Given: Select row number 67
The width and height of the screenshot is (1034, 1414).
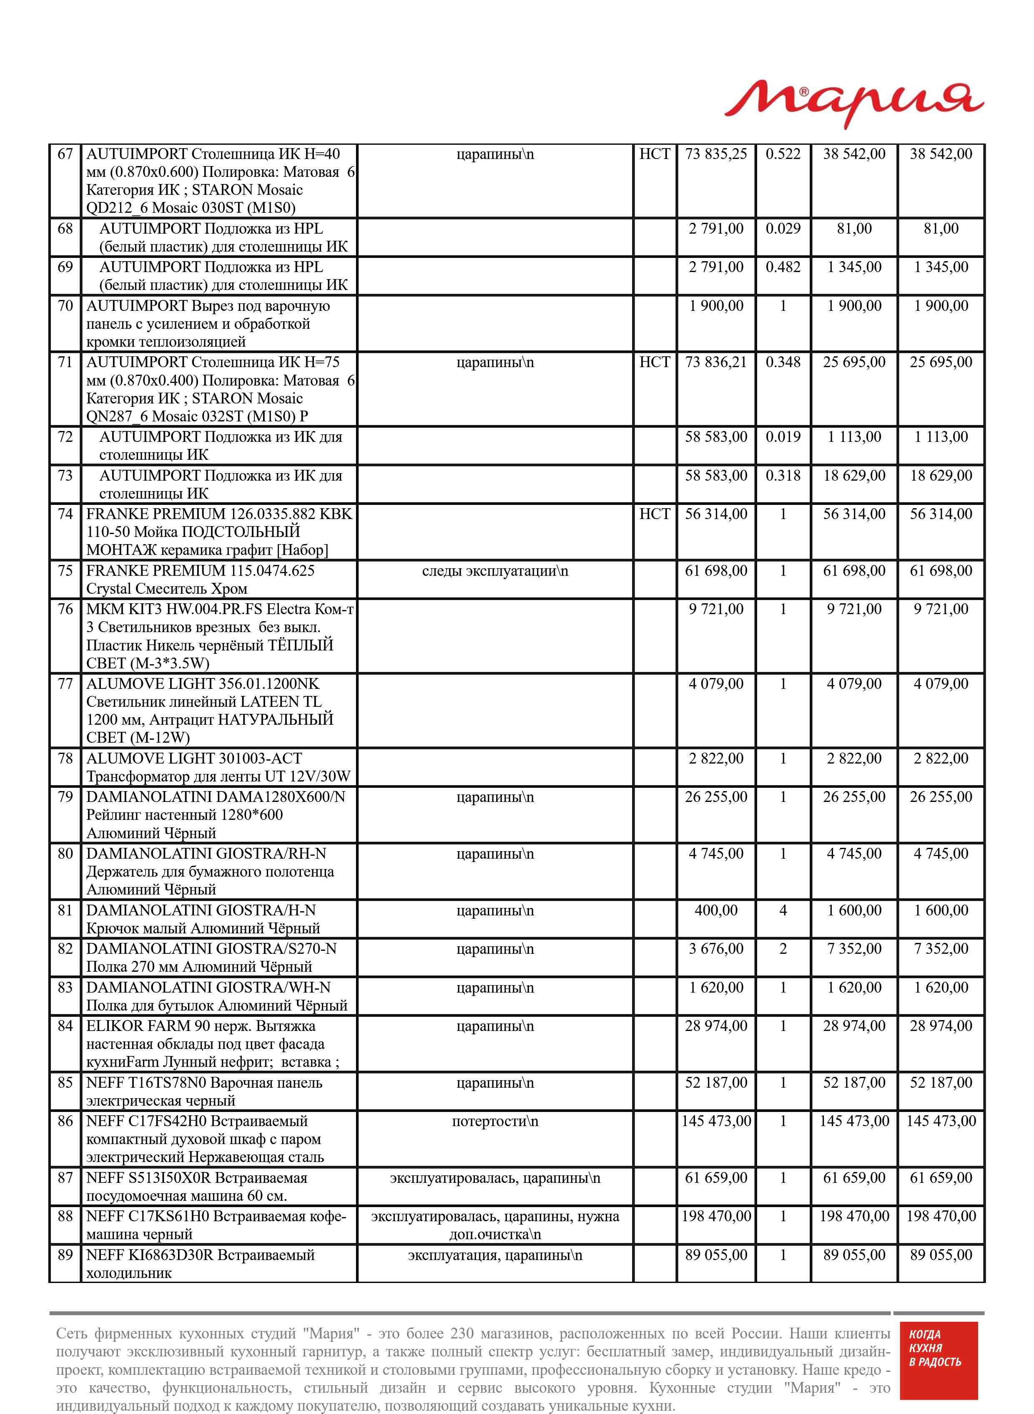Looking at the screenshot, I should point(65,154).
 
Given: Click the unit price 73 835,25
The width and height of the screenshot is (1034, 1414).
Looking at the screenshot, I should point(716,154).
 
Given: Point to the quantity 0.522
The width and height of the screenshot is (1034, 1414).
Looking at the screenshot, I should point(783,154).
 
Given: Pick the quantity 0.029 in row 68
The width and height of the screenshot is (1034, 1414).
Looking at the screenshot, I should point(783,229).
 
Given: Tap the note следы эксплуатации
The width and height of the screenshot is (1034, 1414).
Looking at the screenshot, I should point(494,571).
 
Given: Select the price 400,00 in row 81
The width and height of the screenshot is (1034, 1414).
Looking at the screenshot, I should point(716,910).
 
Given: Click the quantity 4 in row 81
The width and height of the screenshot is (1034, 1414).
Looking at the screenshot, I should point(783,910).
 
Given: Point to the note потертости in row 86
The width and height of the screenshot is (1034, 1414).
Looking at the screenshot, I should point(494,1122).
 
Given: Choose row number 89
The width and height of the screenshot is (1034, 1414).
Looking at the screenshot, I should point(65,1255).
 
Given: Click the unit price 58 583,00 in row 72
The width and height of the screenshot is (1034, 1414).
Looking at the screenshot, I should point(716,437).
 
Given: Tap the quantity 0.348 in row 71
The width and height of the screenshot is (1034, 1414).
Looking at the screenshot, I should point(783,363).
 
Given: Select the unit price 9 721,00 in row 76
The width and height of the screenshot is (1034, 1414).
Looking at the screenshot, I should point(716,609).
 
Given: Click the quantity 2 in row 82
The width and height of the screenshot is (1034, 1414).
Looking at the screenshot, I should point(783,949).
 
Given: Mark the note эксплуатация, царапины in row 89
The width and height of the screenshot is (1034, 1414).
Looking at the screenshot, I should point(494,1255).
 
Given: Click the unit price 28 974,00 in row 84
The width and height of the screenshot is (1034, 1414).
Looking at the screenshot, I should point(716,1026).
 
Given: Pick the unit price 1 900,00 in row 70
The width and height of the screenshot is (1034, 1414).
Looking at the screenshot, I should point(716,306).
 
